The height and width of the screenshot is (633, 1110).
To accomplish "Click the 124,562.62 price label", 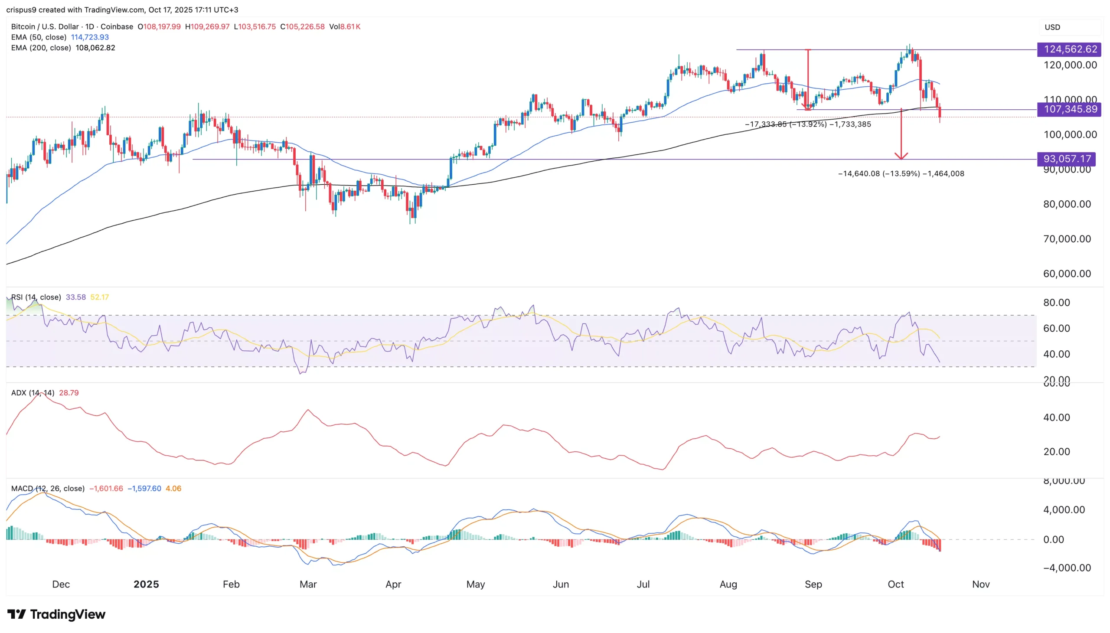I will click(1069, 49).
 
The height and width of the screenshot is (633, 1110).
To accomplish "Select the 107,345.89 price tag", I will click(1069, 109).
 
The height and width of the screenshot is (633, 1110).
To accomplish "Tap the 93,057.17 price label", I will click(1066, 159).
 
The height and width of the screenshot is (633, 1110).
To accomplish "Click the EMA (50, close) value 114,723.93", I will click(90, 37).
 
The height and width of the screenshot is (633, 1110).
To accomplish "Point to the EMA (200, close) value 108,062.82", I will click(95, 48).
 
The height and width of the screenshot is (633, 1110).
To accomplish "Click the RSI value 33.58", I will click(75, 297).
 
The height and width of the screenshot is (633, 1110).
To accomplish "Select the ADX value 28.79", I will click(69, 393).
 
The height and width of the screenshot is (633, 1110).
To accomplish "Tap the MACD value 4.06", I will click(173, 489).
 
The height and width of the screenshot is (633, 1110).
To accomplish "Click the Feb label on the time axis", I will click(231, 584).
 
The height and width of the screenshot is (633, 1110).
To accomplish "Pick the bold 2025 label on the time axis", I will click(146, 584).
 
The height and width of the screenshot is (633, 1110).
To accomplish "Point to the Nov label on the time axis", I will click(980, 584).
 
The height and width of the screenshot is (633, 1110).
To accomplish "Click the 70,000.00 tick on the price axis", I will click(1067, 239).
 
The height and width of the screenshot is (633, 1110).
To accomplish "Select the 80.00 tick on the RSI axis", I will click(1056, 303).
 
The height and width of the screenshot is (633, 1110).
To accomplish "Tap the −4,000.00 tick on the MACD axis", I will click(1067, 568).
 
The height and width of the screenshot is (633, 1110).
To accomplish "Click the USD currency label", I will click(1052, 27).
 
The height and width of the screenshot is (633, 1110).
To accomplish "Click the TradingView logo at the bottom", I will click(56, 614).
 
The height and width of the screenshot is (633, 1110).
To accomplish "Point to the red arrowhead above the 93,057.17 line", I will click(901, 156).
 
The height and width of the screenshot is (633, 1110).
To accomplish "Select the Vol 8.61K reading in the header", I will click(344, 27).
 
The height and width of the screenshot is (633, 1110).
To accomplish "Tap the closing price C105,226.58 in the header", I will click(302, 27).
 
